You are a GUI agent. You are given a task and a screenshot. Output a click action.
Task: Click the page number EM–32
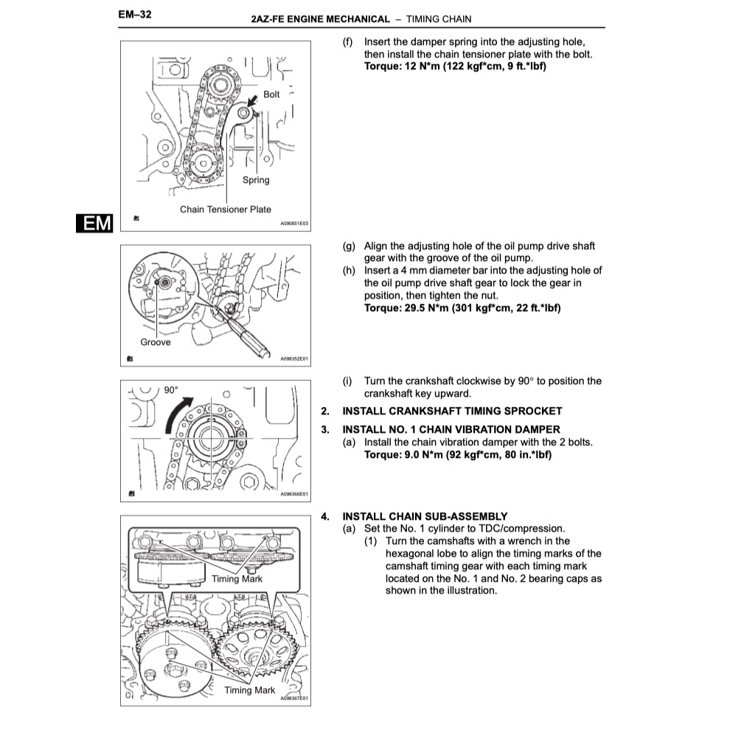134,14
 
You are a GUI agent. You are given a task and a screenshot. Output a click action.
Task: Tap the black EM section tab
95,223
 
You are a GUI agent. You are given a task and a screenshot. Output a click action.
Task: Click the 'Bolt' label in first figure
271,94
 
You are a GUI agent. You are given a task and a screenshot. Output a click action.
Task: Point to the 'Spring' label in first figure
256,180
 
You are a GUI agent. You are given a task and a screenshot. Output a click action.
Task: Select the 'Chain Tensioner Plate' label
226,209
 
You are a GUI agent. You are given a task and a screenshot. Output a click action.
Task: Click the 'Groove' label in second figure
156,342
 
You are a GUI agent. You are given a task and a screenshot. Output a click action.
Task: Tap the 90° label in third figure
171,389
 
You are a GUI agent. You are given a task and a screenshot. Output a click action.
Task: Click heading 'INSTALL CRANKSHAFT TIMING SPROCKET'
452,411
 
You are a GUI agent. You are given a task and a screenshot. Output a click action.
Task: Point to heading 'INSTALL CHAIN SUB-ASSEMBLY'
425,516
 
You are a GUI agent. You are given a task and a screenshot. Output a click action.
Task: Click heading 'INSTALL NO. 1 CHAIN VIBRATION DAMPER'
451,429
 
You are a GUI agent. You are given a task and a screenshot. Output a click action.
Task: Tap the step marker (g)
350,246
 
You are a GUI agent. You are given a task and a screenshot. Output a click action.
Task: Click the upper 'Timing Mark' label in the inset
237,579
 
